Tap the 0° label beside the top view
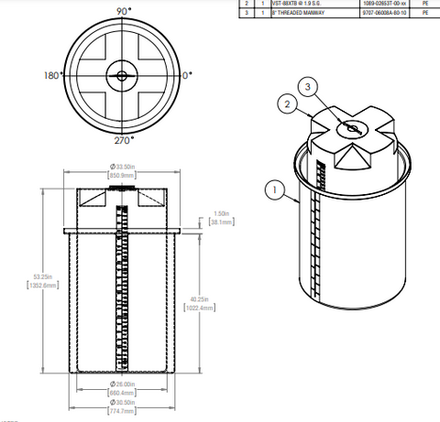pos(187,75)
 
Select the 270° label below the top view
pos(122,141)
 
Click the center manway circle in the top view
pos(121,76)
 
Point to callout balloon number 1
pos(271,190)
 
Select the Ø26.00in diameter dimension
pos(122,384)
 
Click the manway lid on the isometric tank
pos(350,128)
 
